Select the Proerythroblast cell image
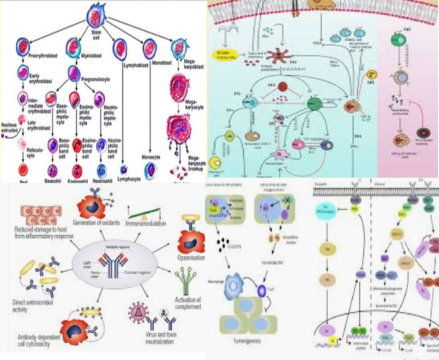click(23, 49)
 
